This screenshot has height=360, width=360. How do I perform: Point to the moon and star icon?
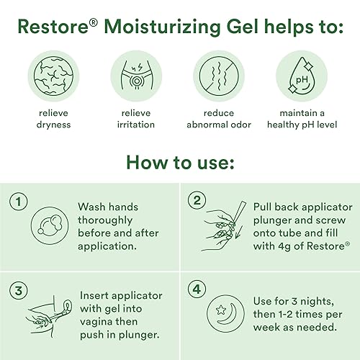click(227, 313)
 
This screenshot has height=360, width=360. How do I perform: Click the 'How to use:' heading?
click(179, 161)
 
